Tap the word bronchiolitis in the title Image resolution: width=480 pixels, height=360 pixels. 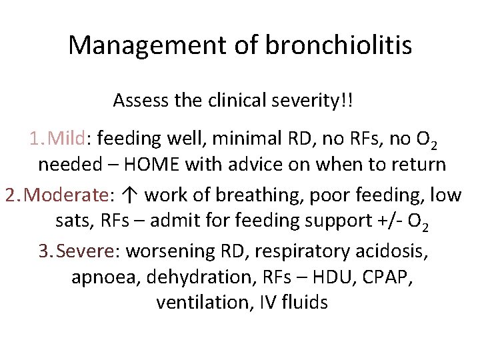(338, 45)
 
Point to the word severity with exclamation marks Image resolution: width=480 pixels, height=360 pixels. (320, 101)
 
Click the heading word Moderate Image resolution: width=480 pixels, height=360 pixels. (71, 195)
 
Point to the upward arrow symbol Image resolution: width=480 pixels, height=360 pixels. (131, 195)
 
